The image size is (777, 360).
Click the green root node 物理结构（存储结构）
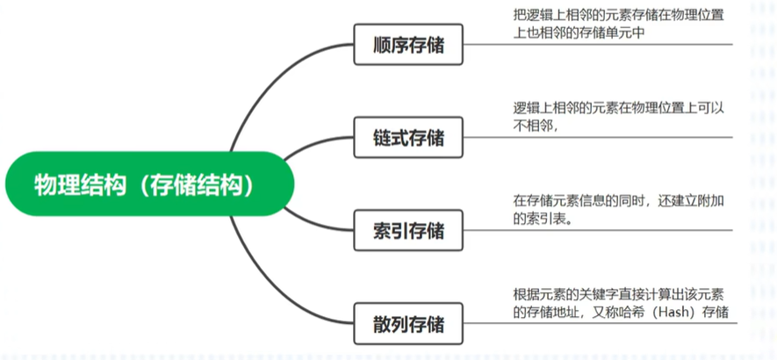(x=144, y=184)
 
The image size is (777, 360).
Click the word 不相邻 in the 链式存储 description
(x=534, y=126)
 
